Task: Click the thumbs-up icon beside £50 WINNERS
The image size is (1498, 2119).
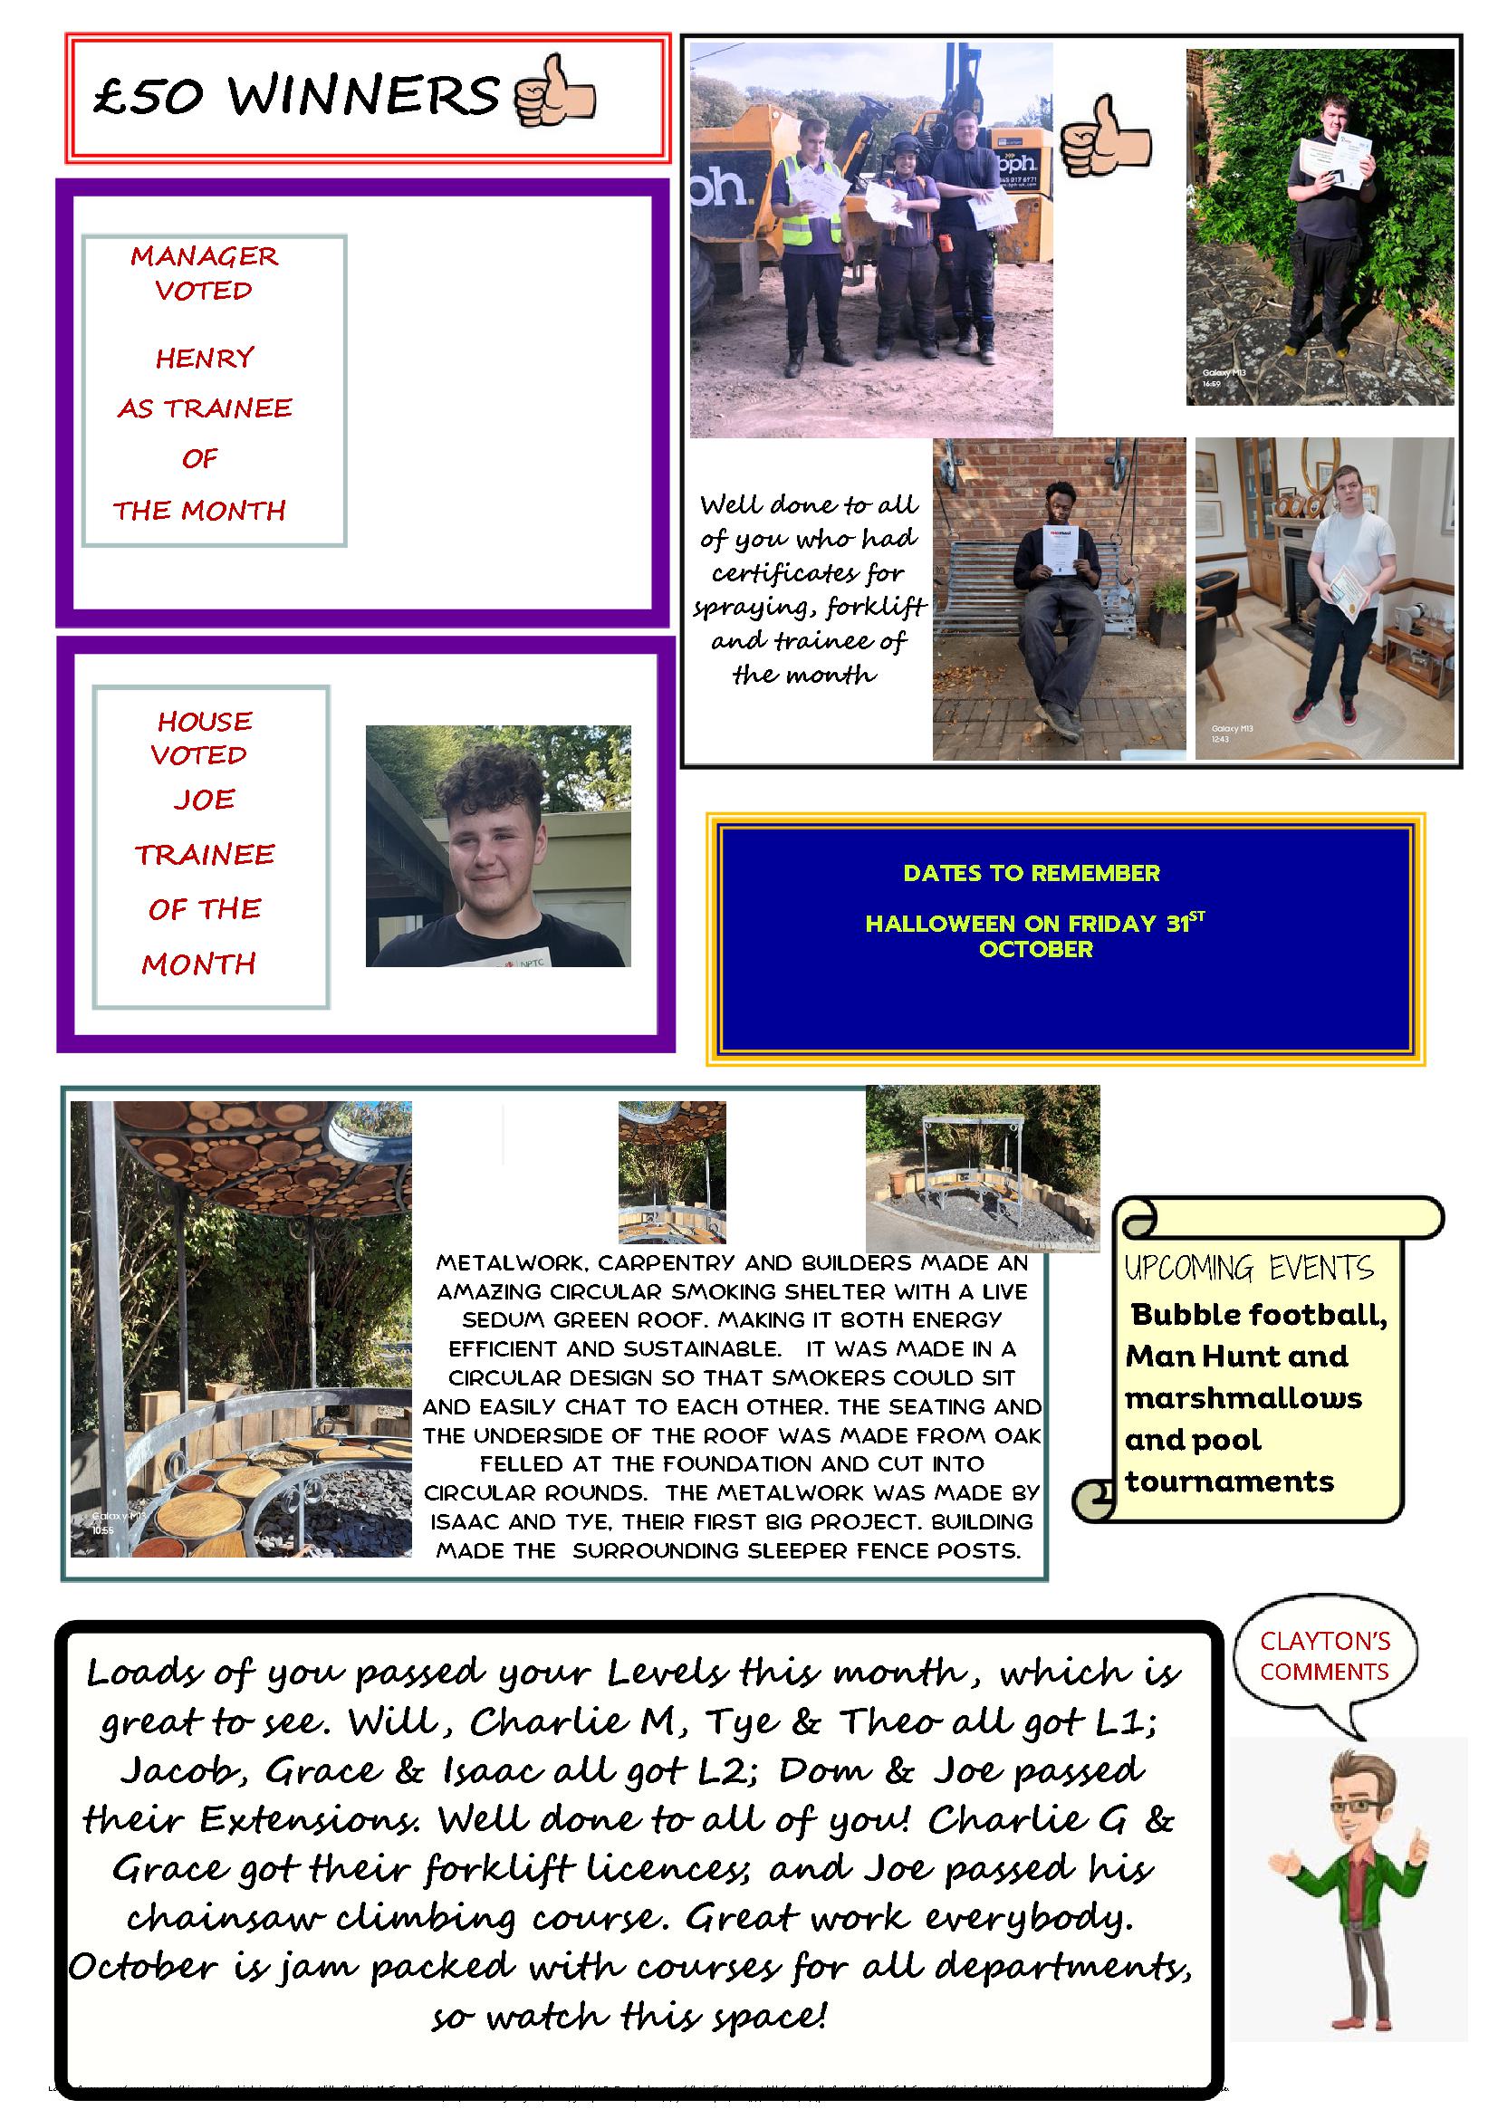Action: pos(554,91)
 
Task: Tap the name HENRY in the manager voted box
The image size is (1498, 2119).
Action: pos(204,357)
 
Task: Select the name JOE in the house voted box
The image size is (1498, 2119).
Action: pos(204,799)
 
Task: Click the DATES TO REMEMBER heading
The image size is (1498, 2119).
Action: pos(1031,873)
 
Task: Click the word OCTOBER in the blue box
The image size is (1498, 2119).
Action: pos(1035,949)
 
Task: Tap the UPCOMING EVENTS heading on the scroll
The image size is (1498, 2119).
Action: pos(1248,1268)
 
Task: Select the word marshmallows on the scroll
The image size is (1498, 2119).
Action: pos(1243,1398)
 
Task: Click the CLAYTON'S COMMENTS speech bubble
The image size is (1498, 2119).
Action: pos(1323,1655)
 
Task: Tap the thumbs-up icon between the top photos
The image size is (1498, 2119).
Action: pos(1106,139)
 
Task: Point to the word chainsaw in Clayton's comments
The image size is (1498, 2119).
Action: pos(226,1917)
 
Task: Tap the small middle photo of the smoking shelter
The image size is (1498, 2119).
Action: pos(671,1172)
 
